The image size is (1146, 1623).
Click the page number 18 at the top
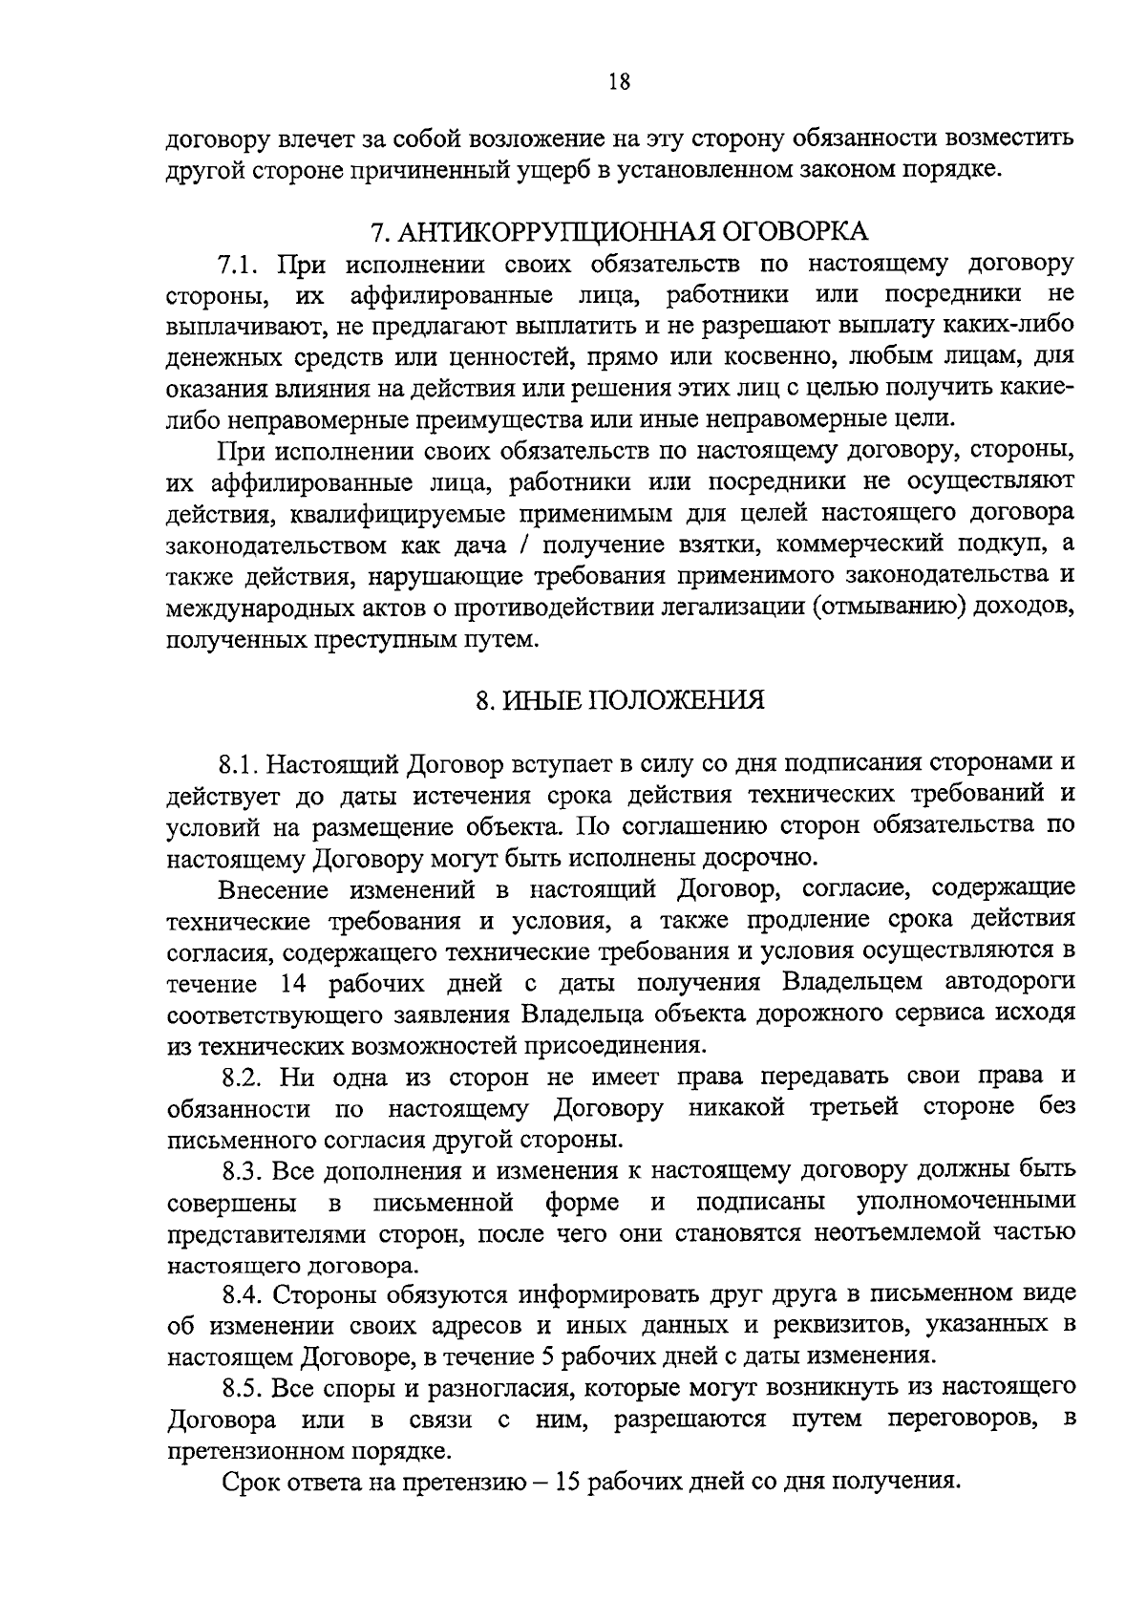click(x=619, y=82)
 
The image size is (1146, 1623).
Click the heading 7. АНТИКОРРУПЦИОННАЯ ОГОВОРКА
click(x=619, y=231)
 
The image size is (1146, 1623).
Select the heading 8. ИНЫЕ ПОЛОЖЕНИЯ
click(x=620, y=700)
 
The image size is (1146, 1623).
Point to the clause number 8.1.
click(x=240, y=763)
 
